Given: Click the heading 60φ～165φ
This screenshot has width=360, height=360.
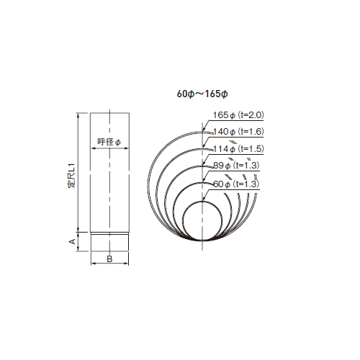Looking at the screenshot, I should (x=202, y=94).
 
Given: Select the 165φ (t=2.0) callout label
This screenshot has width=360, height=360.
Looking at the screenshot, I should (x=238, y=115).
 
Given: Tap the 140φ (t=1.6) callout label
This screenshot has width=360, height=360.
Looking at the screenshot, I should (x=238, y=132).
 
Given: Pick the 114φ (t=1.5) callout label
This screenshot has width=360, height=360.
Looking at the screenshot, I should (x=238, y=148).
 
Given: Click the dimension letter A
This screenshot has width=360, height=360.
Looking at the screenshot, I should (x=72, y=241).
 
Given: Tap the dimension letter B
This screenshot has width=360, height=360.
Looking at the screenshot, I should (x=109, y=258).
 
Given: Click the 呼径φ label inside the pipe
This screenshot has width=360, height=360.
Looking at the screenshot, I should (x=109, y=141).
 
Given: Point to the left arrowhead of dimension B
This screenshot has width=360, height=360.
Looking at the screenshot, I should (x=92, y=264).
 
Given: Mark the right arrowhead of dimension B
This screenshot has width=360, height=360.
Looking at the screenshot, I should (x=126, y=264).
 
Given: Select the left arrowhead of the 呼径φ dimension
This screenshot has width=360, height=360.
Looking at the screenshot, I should (x=92, y=148).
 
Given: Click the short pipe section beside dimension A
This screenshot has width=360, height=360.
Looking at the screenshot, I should (x=109, y=242).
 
